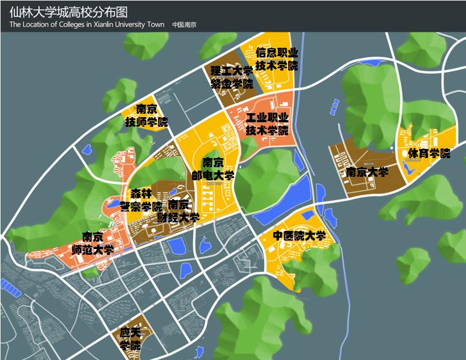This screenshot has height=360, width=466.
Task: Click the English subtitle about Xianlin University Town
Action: point(87,24)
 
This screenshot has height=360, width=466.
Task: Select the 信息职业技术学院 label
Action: point(276,59)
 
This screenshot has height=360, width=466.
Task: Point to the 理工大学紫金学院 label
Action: point(231,77)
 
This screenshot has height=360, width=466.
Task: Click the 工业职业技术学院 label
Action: point(267,124)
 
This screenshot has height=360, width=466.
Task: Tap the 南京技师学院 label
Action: point(147,115)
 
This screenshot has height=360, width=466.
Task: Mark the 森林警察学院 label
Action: point(140,200)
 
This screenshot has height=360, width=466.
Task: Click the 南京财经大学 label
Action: point(179,211)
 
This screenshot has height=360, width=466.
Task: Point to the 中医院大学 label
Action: point(299,236)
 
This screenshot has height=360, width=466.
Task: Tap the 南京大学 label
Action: point(367,172)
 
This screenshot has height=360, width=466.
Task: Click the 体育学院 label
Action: point(428,153)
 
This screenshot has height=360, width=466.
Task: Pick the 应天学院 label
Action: point(131,338)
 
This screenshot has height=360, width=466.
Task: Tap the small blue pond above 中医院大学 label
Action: point(307,216)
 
